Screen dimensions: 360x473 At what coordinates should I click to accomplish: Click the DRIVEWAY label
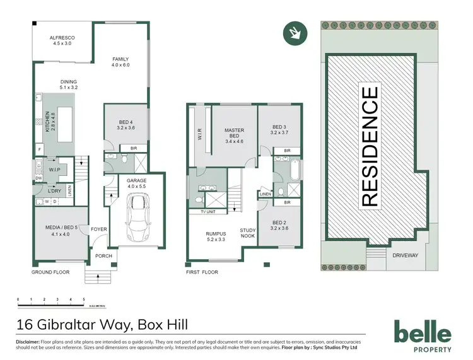pyautogui.click(x=403, y=256)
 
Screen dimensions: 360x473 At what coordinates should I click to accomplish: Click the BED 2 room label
pyautogui.click(x=279, y=224)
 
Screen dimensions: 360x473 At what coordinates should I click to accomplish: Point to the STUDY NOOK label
pyautogui.click(x=248, y=233)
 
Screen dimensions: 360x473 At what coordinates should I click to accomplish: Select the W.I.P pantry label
pyautogui.click(x=55, y=170)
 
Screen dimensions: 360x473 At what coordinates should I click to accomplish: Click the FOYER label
pyautogui.click(x=99, y=229)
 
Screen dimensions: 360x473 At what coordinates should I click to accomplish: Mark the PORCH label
pyautogui.click(x=102, y=257)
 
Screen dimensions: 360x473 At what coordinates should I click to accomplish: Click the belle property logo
pyautogui.click(x=422, y=335)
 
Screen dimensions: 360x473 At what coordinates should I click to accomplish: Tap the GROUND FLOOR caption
pyautogui.click(x=50, y=272)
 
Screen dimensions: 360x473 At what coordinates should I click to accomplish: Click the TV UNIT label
pyautogui.click(x=208, y=212)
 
